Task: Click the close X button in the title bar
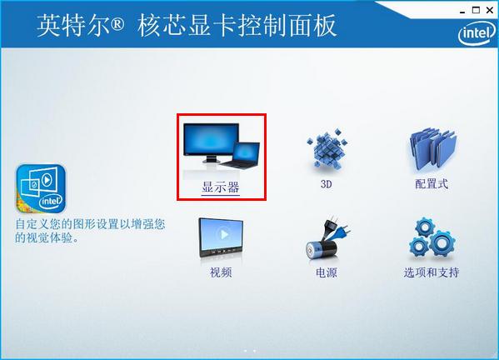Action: (x=489, y=9)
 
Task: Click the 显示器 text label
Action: (x=221, y=187)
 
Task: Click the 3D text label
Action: (x=327, y=184)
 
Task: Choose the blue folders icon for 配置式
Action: (x=432, y=151)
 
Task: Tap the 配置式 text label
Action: (x=432, y=184)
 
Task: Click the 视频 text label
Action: (x=221, y=272)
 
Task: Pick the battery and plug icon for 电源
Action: (x=326, y=241)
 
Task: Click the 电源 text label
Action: (x=327, y=272)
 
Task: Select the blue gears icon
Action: (x=431, y=238)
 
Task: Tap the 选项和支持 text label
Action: (x=432, y=272)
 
